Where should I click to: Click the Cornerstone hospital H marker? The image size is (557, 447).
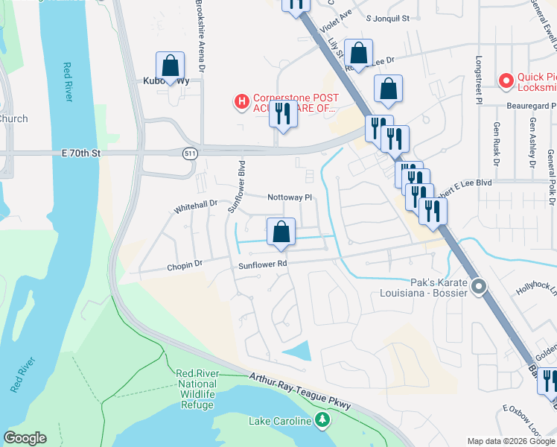pos(241,101)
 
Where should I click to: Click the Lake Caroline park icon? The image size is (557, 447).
pos(322,422)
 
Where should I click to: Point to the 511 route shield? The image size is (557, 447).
pos(191,152)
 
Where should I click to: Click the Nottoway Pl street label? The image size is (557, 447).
pos(290,197)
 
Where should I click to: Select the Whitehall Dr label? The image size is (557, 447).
pos(195,203)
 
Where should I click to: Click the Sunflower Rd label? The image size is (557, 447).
pos(263,264)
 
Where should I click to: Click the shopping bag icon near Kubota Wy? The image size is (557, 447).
pos(171,65)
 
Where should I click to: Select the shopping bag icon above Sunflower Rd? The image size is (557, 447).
pos(281,231)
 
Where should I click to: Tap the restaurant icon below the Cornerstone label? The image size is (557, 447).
pos(281,114)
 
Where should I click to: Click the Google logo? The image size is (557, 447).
pos(25,438)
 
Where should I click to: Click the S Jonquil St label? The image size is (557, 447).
pos(388,17)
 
